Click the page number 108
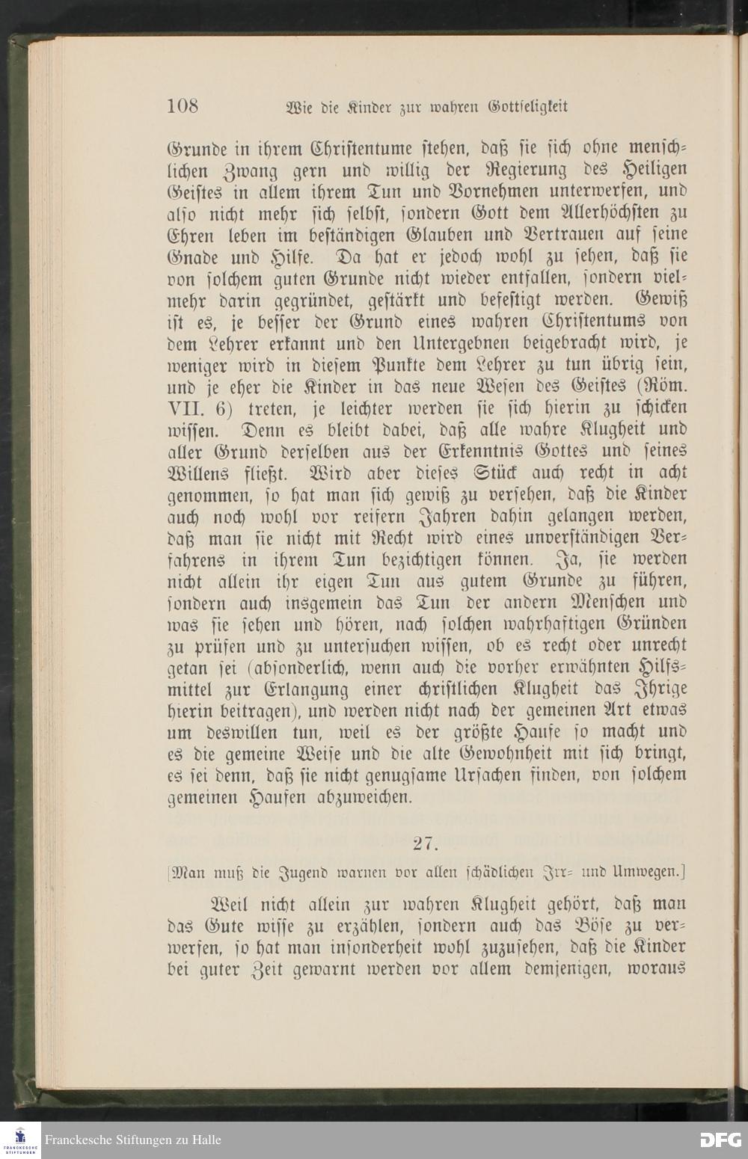182,105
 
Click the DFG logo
720,1140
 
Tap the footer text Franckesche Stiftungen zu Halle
133,1140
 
